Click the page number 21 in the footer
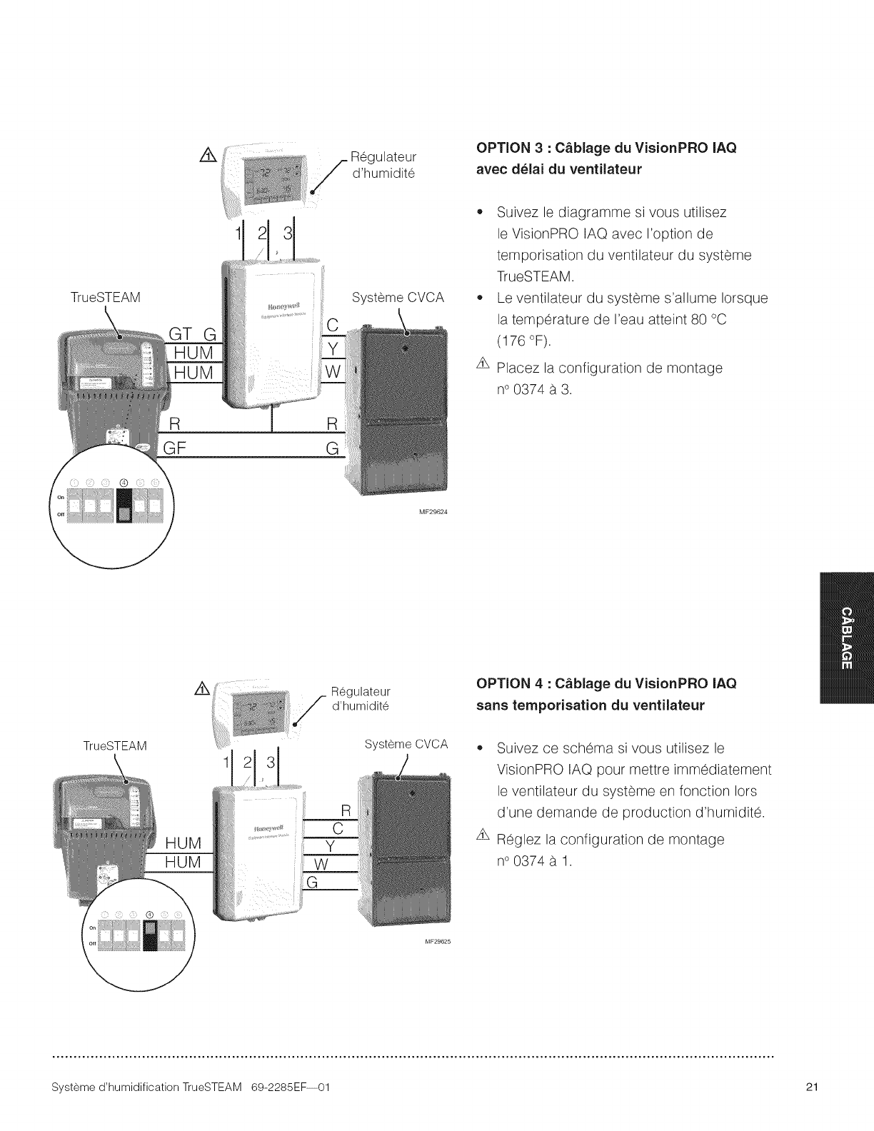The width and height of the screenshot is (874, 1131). click(x=811, y=1107)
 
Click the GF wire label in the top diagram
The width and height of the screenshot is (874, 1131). click(x=176, y=448)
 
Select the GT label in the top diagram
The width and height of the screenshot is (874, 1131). click(x=180, y=333)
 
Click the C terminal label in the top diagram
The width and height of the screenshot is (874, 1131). click(x=332, y=325)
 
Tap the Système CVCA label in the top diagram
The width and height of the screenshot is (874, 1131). click(x=398, y=297)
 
